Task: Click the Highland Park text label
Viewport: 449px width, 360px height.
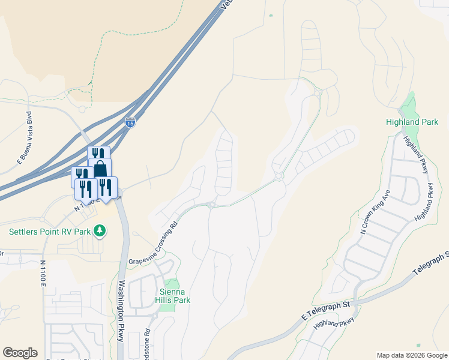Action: pos(412,122)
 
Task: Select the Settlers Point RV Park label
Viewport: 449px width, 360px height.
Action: pos(49,231)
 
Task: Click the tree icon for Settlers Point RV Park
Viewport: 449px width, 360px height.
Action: pos(101,231)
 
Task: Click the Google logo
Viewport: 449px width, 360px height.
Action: pos(20,353)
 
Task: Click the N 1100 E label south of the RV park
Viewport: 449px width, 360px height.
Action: pos(43,274)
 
